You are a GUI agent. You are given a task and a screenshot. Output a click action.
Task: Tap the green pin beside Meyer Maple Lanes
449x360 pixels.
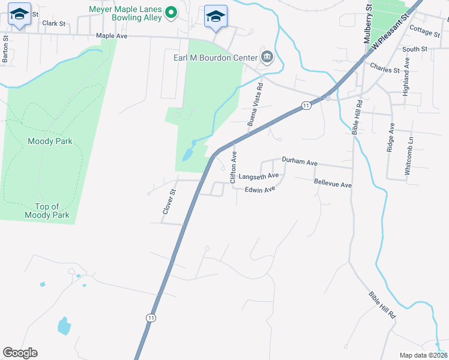171,13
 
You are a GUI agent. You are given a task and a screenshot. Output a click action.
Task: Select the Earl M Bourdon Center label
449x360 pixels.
212,58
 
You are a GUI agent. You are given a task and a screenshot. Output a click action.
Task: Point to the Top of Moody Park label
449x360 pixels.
47,211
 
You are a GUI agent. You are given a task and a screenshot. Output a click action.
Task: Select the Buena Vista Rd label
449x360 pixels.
256,104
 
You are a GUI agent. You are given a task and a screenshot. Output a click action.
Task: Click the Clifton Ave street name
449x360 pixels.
234,167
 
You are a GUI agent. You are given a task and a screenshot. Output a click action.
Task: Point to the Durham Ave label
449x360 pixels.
299,162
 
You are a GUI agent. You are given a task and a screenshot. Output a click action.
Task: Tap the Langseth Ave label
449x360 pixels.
258,176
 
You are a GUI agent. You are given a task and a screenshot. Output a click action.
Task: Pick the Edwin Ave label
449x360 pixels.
259,190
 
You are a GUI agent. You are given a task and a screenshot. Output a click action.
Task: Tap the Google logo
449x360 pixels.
20,353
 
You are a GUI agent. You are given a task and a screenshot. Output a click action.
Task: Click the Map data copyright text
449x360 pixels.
423,355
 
